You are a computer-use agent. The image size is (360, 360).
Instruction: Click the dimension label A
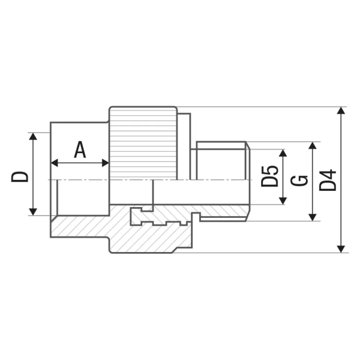coord(80,149)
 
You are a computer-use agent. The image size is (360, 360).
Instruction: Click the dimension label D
coord(20,176)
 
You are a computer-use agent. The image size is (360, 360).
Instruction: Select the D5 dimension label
coord(269,176)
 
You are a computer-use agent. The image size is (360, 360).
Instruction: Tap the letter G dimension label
coord(299,181)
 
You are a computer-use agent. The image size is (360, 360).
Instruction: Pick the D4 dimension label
coord(328,180)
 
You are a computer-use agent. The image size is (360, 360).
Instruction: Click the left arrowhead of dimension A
coord(54,163)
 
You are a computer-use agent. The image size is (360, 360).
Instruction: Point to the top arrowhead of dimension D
coord(33,136)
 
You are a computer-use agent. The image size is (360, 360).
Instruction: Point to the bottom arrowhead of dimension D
coord(33,212)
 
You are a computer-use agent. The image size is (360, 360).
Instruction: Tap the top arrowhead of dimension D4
coord(341,110)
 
